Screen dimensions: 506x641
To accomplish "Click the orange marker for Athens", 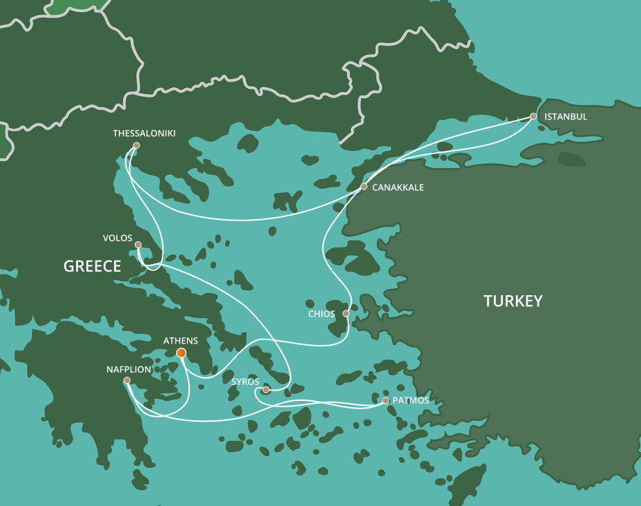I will pyautogui.click(x=181, y=353).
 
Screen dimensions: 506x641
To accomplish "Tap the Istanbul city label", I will pyautogui.click(x=566, y=117).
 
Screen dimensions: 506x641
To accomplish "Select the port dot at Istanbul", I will pyautogui.click(x=533, y=116).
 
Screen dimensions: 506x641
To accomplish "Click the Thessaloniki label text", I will pyautogui.click(x=144, y=133).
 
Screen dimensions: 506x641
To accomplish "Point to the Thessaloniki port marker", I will pyautogui.click(x=136, y=145).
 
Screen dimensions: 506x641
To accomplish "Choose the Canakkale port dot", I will pyautogui.click(x=364, y=187).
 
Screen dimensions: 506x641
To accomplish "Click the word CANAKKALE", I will pyautogui.click(x=398, y=187).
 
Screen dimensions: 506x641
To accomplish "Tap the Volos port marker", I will pyautogui.click(x=138, y=244).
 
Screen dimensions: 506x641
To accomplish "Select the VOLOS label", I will pyautogui.click(x=117, y=238).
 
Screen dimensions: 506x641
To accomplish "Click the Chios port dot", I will pyautogui.click(x=346, y=313).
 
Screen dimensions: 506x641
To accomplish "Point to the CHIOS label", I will pyautogui.click(x=321, y=314).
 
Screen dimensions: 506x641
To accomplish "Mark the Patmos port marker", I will pyautogui.click(x=385, y=400).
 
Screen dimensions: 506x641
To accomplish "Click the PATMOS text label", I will pyautogui.click(x=410, y=401).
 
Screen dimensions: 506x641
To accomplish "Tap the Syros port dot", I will pyautogui.click(x=266, y=390).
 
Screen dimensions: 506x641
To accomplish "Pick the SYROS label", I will pyautogui.click(x=245, y=382).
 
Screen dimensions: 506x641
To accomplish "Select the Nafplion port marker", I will pyautogui.click(x=126, y=380).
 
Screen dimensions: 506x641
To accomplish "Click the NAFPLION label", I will pyautogui.click(x=128, y=370).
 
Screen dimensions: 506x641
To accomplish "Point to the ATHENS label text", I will pyautogui.click(x=180, y=341).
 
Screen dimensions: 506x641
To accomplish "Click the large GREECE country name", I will pyautogui.click(x=92, y=266).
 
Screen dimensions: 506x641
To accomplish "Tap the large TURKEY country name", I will pyautogui.click(x=513, y=301).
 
